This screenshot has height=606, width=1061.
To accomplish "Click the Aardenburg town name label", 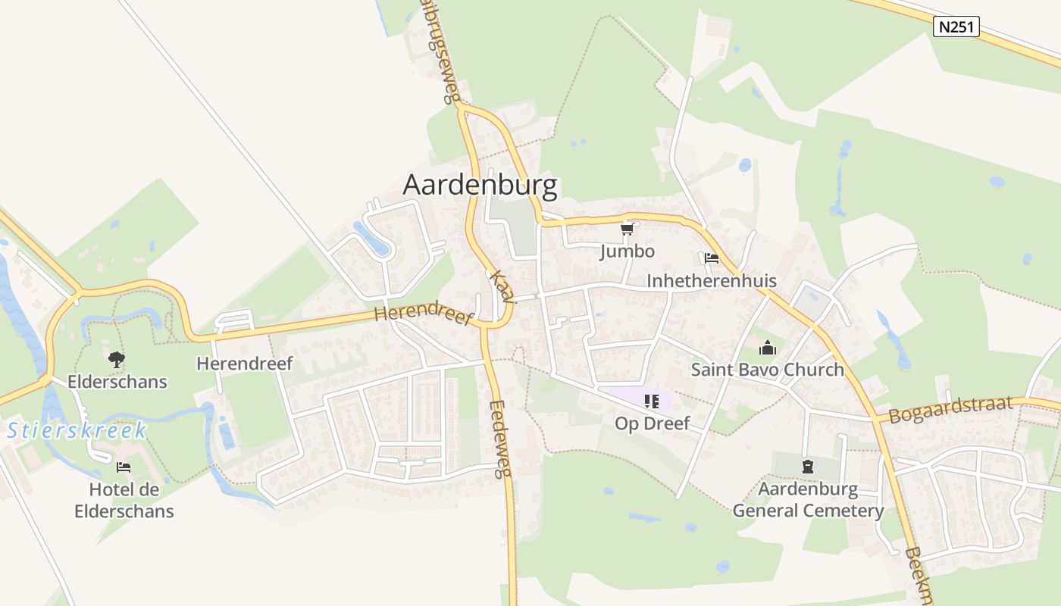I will (x=480, y=185).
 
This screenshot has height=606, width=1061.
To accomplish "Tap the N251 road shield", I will (x=956, y=27).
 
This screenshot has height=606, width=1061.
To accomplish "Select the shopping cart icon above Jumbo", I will (x=627, y=229).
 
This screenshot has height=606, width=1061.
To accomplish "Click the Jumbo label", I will (x=627, y=251).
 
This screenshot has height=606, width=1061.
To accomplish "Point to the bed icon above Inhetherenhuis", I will (x=711, y=258).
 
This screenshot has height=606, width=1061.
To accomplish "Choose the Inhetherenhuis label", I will (x=711, y=281).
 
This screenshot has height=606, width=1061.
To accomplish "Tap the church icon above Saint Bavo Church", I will (x=767, y=348).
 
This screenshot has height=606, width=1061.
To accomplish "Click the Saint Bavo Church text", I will (x=767, y=370).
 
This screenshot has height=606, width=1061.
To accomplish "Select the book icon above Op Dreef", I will (x=652, y=401).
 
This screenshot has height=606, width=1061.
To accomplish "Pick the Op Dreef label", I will (x=652, y=423).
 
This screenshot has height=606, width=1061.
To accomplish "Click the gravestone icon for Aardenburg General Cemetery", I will (x=808, y=466).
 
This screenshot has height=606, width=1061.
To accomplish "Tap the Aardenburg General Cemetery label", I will (x=808, y=499).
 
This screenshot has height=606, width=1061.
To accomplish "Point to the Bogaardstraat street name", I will (x=950, y=410).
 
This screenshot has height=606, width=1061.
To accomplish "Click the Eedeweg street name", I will (x=498, y=439).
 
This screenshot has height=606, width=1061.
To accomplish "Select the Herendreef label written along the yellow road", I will (x=424, y=316).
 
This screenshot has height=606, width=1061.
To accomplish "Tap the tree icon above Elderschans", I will (x=117, y=359).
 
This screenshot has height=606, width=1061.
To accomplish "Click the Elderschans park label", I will (x=117, y=381).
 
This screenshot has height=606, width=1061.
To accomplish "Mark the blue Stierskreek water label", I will (x=77, y=431).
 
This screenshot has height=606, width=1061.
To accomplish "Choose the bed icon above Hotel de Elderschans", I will (x=124, y=467).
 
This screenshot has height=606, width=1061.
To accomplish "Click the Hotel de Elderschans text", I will (x=124, y=500).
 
